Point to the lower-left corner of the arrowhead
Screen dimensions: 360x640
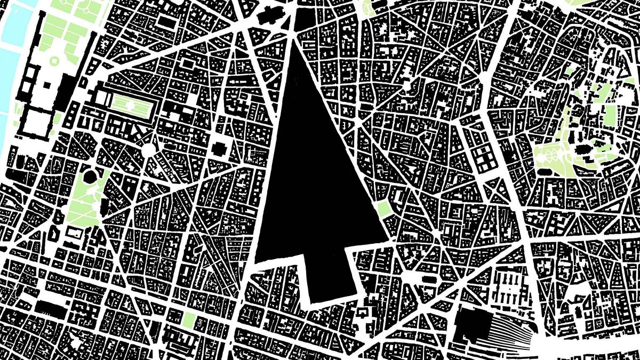point(257,261)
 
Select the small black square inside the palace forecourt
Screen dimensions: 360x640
point(47,84)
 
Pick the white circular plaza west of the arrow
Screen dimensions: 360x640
point(148,150)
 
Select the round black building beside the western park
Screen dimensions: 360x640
point(89,175)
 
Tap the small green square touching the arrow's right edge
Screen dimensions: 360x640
point(383,210)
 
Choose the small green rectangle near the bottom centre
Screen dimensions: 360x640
point(189,319)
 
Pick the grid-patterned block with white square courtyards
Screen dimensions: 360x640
point(486,157)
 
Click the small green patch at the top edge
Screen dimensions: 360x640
point(367,6)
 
